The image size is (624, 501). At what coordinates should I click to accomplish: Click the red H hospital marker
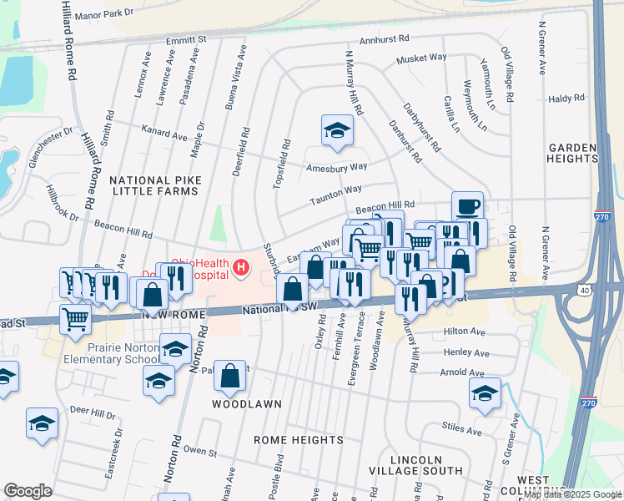[x=241, y=268]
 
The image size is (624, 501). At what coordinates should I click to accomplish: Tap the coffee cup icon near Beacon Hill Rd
[x=467, y=205]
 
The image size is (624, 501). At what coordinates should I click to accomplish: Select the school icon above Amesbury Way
[x=336, y=130]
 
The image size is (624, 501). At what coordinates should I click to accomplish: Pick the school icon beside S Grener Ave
[x=485, y=392]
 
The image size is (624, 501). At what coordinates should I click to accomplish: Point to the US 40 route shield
[x=583, y=288]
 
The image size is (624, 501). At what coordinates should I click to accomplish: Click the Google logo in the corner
[x=28, y=491]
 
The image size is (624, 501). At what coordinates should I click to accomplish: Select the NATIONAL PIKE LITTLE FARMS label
[x=153, y=185]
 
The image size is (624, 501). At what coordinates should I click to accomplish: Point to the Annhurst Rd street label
[x=385, y=39]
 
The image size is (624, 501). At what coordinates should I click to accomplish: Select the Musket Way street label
[x=421, y=58]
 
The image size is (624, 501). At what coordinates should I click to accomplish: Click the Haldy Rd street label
[x=566, y=99]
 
